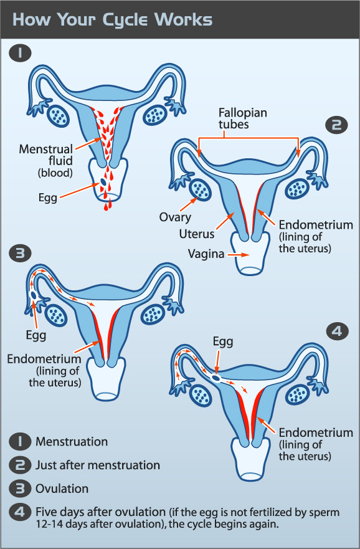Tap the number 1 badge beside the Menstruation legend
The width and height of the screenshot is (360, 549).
point(20,441)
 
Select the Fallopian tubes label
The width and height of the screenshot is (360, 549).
point(243,118)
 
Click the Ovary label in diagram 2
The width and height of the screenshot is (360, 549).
point(175,217)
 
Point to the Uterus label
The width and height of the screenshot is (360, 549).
point(197,234)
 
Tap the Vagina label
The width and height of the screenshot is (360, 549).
point(206,254)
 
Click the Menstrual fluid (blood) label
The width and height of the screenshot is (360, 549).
point(46,160)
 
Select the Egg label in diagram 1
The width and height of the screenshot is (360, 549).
point(48,198)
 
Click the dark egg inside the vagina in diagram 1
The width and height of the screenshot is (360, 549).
point(103,182)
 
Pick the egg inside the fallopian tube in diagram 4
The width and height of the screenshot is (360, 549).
point(216,378)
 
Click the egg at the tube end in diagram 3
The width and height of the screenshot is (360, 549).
point(34,295)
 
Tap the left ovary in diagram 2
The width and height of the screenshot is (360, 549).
point(200,189)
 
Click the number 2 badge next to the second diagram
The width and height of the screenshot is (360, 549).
point(336,125)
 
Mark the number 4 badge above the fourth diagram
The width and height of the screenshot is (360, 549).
point(337,332)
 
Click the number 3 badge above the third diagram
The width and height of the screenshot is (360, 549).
point(20,253)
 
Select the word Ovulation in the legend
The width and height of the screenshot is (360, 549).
point(62,489)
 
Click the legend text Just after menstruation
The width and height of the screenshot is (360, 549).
point(98,465)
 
